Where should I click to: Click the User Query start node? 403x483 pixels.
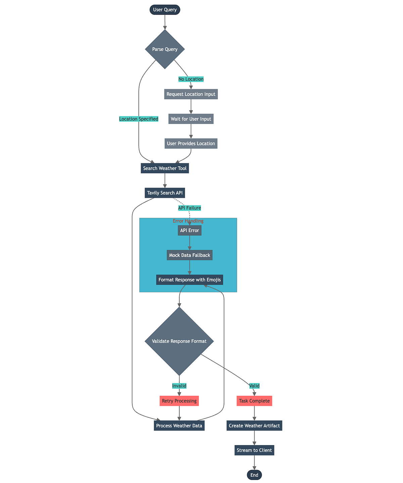pyautogui.click(x=165, y=10)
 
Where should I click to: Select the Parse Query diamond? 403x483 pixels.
pyautogui.click(x=165, y=49)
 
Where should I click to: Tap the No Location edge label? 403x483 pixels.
pyautogui.click(x=191, y=79)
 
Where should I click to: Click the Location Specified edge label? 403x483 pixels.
pyautogui.click(x=139, y=119)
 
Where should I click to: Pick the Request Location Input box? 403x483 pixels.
pyautogui.click(x=191, y=94)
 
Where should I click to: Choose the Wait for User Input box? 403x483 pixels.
pyautogui.click(x=191, y=119)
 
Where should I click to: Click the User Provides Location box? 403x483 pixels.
pyautogui.click(x=191, y=144)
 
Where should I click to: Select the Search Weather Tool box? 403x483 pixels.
pyautogui.click(x=165, y=168)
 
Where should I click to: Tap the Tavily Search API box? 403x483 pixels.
pyautogui.click(x=165, y=193)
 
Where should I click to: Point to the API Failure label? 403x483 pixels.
pyautogui.click(x=189, y=208)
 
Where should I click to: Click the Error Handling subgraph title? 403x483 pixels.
pyautogui.click(x=188, y=221)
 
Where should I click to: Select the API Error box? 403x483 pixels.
pyautogui.click(x=189, y=230)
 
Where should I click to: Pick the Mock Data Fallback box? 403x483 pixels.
pyautogui.click(x=189, y=255)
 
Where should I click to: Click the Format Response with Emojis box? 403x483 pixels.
pyautogui.click(x=189, y=280)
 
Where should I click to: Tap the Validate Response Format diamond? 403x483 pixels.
pyautogui.click(x=179, y=341)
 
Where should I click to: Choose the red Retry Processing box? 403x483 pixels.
pyautogui.click(x=179, y=401)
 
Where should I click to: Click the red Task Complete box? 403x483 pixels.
pyautogui.click(x=254, y=401)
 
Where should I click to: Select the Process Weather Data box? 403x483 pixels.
pyautogui.click(x=179, y=426)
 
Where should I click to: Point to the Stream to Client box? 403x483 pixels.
pyautogui.click(x=254, y=450)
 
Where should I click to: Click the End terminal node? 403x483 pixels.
pyautogui.click(x=254, y=475)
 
